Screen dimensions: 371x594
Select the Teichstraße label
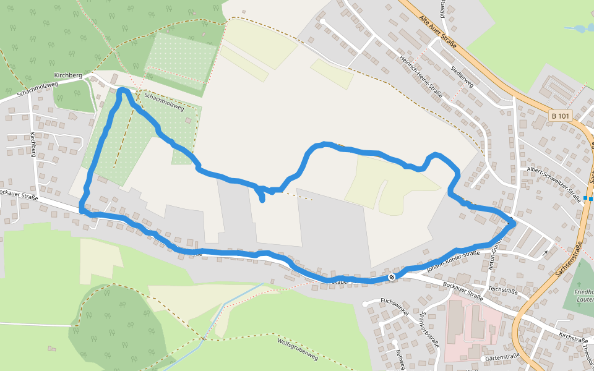pos(502,289)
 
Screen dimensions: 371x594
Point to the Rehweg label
pos(400,358)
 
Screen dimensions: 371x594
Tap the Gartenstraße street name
pos(502,357)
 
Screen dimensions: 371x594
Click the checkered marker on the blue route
pos(392,277)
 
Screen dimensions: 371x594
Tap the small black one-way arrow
pos(545,252)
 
